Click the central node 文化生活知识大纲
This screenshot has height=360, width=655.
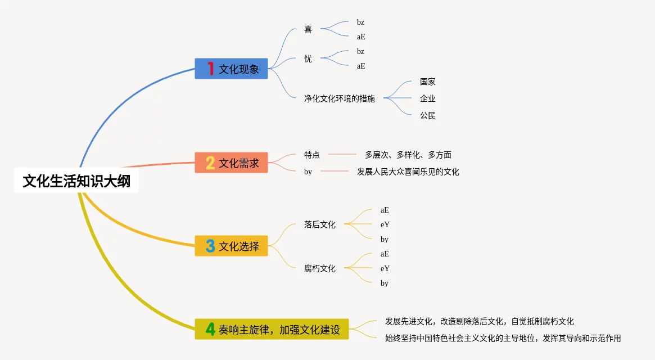[76, 181]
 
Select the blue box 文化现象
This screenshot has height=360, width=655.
[231, 69]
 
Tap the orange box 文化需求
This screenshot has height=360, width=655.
[231, 163]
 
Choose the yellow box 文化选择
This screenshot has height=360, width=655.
[231, 246]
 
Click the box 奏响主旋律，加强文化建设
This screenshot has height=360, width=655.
[272, 330]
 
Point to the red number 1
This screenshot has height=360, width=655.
[210, 69]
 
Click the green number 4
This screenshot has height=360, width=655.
[210, 330]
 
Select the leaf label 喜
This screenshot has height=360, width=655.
[308, 29]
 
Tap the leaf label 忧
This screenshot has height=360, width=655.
[308, 58]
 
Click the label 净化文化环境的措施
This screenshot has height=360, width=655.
[340, 98]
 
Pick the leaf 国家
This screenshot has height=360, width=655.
[428, 82]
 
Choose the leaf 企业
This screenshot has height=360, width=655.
[428, 98]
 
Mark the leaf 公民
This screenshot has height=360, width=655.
[428, 115]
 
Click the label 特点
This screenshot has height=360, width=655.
[312, 155]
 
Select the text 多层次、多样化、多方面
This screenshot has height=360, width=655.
[408, 155]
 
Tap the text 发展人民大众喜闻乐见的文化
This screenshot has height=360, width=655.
[408, 172]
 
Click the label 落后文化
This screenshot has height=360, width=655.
[319, 224]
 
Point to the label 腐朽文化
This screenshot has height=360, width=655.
[319, 268]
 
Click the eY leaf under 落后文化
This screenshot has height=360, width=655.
[385, 224]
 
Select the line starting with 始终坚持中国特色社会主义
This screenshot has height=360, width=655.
[503, 338]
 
